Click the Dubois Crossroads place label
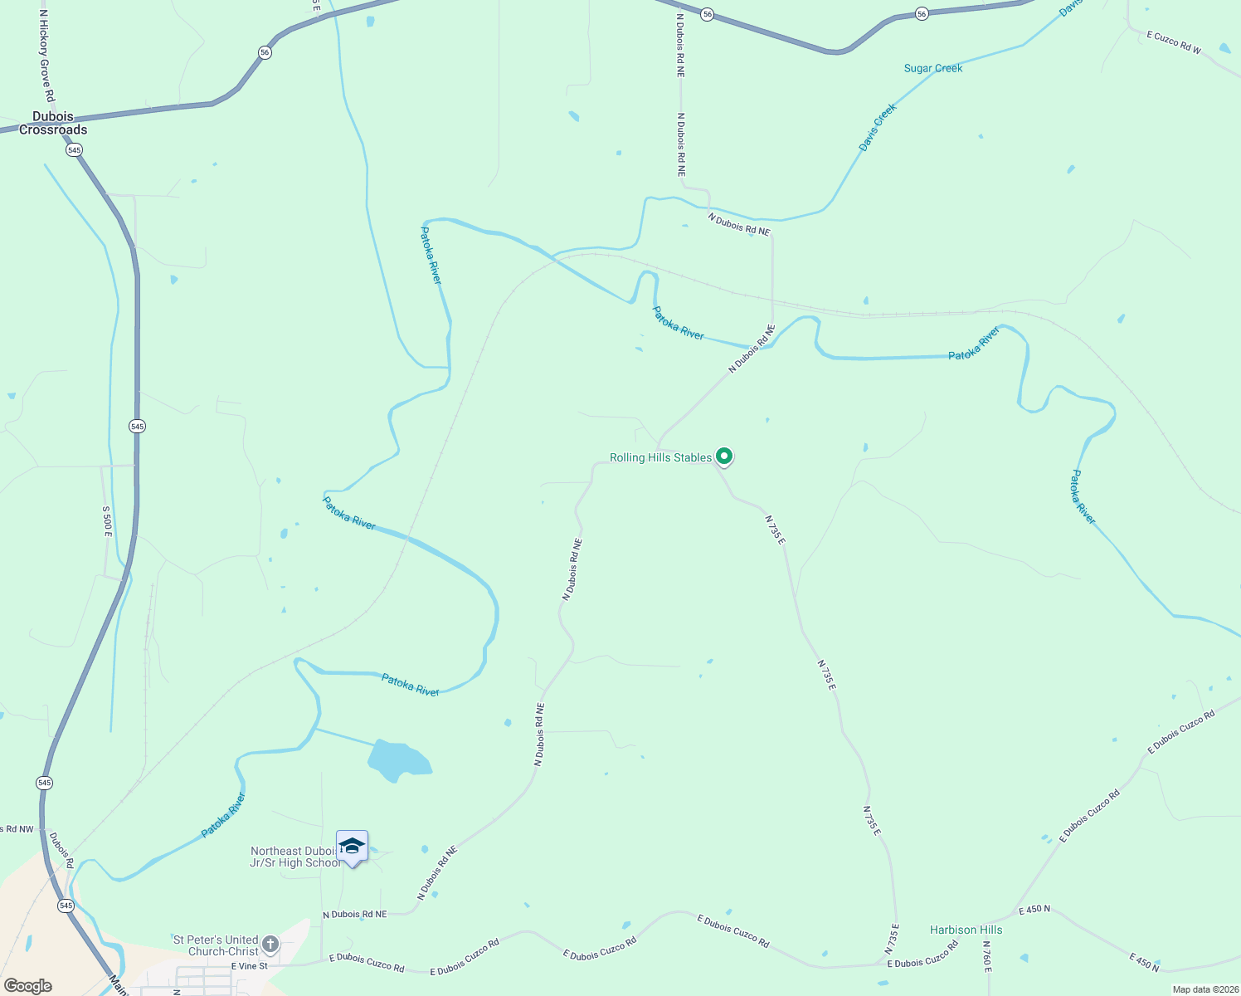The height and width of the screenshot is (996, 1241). point(53,123)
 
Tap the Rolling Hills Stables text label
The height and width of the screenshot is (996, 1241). point(660,457)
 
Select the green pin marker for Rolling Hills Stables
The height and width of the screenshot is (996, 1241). point(724,456)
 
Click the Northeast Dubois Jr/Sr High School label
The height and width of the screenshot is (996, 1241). point(294,857)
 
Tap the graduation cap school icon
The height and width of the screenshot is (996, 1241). point(352,847)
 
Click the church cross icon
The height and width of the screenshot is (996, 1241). point(270,944)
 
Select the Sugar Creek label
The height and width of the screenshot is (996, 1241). point(933,68)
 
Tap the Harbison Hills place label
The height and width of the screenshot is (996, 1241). point(966,930)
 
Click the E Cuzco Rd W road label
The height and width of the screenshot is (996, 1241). point(1174,42)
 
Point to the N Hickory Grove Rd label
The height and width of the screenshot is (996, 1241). point(46,56)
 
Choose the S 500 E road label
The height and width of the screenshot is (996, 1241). point(107,521)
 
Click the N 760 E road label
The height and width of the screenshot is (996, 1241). point(987,956)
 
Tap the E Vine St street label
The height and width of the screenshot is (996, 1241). point(250,966)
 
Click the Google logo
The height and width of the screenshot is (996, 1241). point(28,985)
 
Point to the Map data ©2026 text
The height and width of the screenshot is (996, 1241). point(1204,989)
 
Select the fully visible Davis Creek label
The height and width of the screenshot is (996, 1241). point(878,127)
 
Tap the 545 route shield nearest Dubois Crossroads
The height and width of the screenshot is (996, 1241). point(75,149)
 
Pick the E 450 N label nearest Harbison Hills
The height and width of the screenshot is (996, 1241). point(1034,909)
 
